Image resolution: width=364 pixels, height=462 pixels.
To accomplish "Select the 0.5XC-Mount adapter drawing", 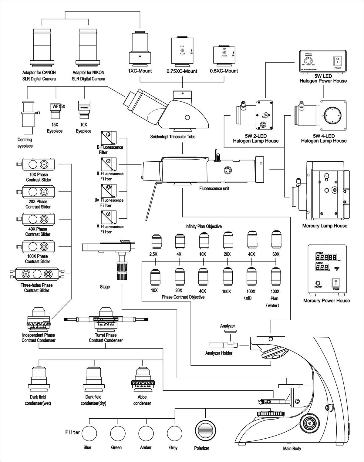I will (224, 55).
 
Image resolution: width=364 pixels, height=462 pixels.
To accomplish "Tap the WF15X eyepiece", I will (55, 111).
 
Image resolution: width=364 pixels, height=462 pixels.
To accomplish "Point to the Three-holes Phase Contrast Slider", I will (37, 274).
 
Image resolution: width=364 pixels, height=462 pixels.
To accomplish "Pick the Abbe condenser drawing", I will (142, 379).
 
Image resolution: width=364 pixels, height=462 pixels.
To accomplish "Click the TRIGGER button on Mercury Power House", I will (318, 282).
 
